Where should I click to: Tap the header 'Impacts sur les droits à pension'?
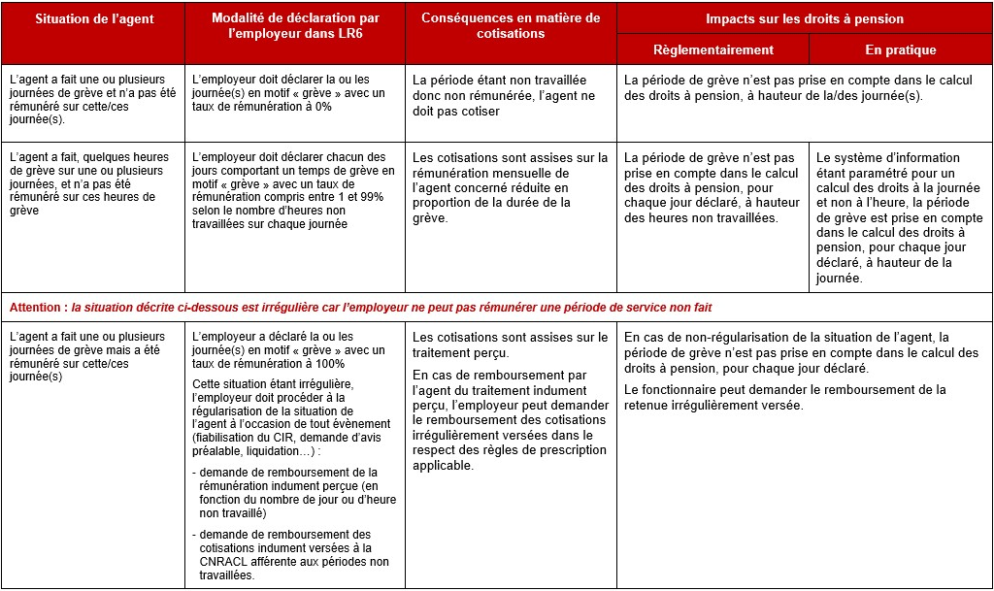coord(804,18)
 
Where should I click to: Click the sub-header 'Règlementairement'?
coord(712,49)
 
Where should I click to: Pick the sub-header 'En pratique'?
coord(900,49)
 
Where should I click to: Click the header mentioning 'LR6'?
coord(295,26)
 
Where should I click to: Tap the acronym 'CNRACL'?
coord(222,562)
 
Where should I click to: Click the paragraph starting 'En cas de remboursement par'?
coord(510,420)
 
